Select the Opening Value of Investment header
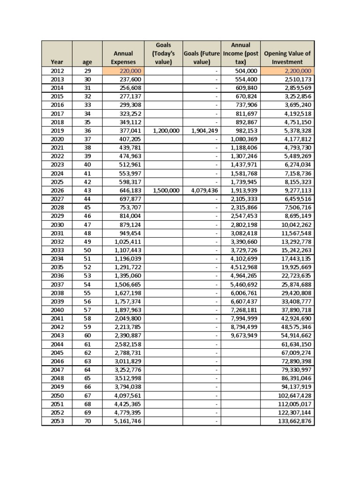pos(287,57)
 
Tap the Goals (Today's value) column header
pos(164,53)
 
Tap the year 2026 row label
pos(56,191)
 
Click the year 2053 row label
pos(56,421)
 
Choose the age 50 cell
pos(87,250)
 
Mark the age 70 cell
pos(87,421)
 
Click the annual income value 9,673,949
pos(244,336)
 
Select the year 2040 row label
pos(56,310)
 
